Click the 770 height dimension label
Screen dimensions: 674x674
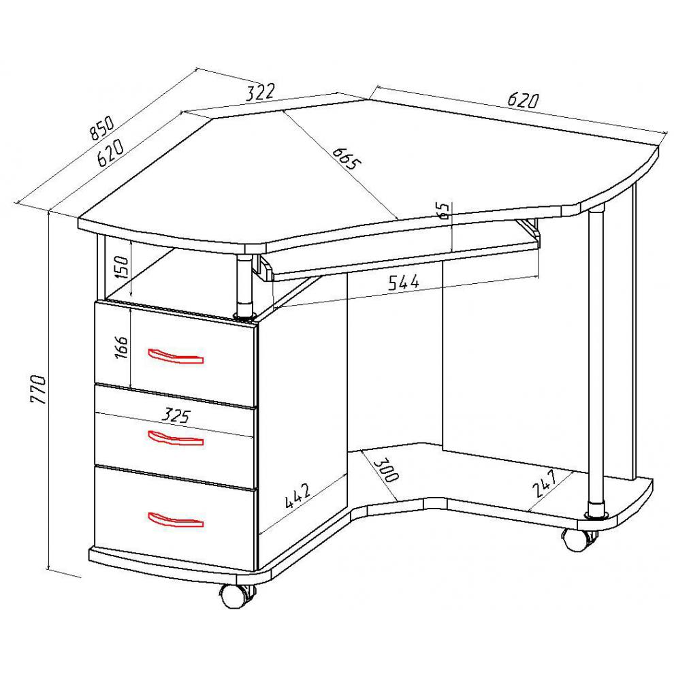(x=38, y=389)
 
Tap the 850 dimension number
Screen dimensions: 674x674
(x=102, y=128)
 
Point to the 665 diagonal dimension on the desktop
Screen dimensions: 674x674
(x=347, y=158)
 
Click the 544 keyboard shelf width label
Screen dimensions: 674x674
(x=404, y=283)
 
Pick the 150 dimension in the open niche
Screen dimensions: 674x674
(x=122, y=268)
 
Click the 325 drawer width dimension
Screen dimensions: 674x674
(x=176, y=416)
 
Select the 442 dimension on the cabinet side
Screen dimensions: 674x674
(x=298, y=496)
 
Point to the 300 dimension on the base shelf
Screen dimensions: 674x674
(x=387, y=470)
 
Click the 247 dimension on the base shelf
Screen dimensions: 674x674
(x=545, y=483)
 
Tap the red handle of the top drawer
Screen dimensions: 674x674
(x=176, y=355)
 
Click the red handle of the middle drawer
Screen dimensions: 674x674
(x=176, y=438)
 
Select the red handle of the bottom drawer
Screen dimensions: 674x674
(x=176, y=519)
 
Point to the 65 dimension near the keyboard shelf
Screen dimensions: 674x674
(x=445, y=211)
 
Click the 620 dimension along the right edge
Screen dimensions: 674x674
(x=523, y=99)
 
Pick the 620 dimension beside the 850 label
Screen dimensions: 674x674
(x=110, y=153)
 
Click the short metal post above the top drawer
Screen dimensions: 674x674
(x=245, y=287)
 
